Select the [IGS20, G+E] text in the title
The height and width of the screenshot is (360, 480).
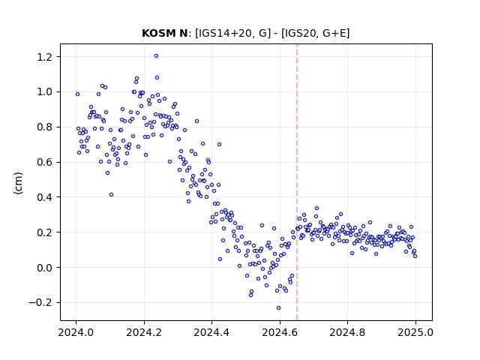tap(315, 33)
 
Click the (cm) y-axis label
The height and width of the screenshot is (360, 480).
tap(18, 183)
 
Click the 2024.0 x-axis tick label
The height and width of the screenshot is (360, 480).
tap(76, 332)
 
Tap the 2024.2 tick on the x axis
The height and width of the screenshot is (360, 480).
tap(144, 332)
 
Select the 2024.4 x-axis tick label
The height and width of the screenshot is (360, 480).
tap(211, 332)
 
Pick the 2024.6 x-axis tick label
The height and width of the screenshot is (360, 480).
tap(280, 332)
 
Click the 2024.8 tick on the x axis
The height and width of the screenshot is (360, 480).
tap(347, 332)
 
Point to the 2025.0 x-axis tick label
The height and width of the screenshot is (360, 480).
tap(415, 332)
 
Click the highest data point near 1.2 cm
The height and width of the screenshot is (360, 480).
tap(156, 56)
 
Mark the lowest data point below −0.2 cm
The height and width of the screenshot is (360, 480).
tap(278, 308)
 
